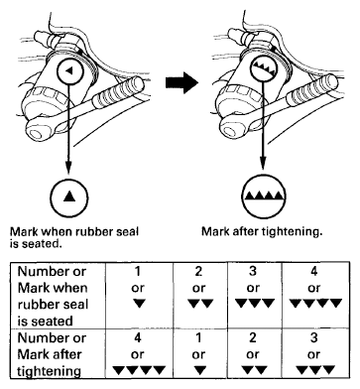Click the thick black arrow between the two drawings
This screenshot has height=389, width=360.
point(181,82)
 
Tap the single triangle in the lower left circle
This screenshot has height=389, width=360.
point(69,196)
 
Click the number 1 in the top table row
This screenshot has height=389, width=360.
point(138,271)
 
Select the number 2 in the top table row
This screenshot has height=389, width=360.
point(198,271)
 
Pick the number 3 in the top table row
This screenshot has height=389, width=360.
point(253,271)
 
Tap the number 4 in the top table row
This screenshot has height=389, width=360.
point(313,271)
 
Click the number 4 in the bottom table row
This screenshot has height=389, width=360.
point(138,337)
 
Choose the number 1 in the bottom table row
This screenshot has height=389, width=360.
point(198,337)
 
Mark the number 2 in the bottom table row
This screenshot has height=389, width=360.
point(253,337)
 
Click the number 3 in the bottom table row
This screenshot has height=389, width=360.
point(313,337)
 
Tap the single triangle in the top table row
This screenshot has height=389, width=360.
point(139,303)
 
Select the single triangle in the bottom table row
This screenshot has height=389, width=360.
point(198,369)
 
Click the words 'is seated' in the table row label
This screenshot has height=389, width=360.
point(45,321)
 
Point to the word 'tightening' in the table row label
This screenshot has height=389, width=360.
point(49,371)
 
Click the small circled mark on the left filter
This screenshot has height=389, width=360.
point(69,70)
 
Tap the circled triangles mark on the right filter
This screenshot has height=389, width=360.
point(264,67)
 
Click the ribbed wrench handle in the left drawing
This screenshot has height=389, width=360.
point(118,93)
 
